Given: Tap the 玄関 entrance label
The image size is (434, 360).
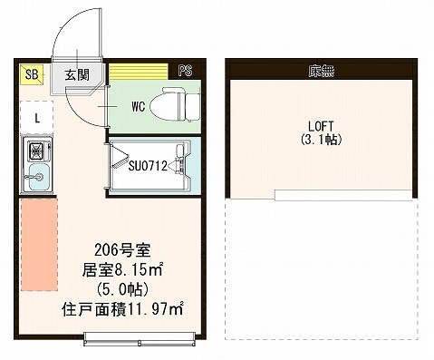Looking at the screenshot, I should click(76, 74).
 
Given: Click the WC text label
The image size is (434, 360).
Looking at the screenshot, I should click(139, 106).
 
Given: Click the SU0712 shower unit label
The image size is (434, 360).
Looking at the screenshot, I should click(147, 165).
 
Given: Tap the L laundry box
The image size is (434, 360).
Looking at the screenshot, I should click(36, 117).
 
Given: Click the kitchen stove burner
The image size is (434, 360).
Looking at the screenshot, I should click(37, 151).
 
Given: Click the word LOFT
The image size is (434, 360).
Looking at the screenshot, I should click(321, 127).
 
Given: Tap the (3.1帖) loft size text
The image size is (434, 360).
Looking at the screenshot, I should click(321, 141).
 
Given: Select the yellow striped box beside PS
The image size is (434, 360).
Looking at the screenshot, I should click(140, 71).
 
